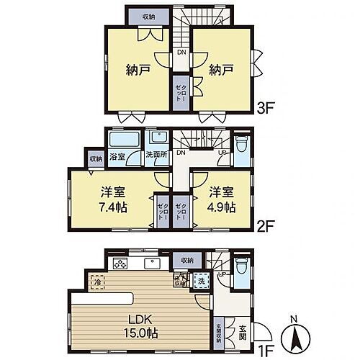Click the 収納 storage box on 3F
(x=148, y=16)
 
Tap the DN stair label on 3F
(x=182, y=53)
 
